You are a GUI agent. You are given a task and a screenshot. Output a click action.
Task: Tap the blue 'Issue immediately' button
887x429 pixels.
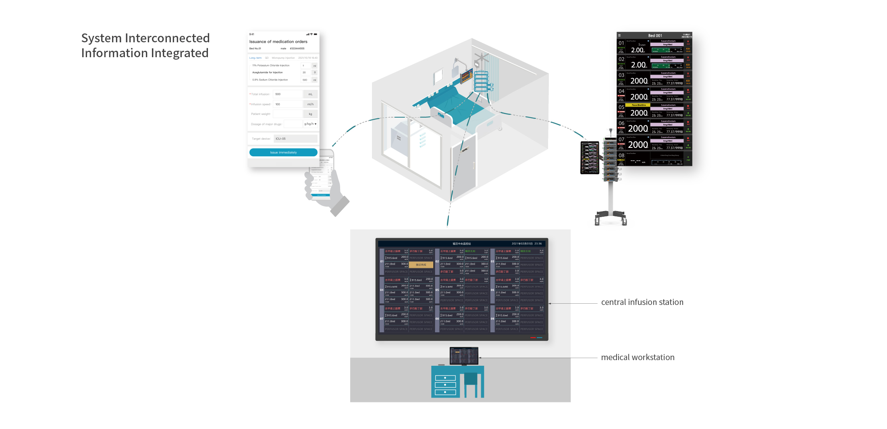pyautogui.click(x=283, y=152)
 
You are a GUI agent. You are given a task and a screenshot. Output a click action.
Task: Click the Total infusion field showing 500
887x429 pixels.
pyautogui.click(x=287, y=94)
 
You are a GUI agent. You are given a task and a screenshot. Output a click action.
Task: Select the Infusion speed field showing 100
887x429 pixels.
pyautogui.click(x=287, y=104)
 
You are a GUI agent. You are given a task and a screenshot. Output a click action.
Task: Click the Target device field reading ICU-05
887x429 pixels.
pyautogui.click(x=295, y=139)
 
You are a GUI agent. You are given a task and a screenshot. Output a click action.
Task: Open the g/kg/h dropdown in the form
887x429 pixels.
pyautogui.click(x=310, y=124)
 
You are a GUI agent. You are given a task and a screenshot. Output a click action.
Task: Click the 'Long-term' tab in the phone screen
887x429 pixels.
pyautogui.click(x=255, y=58)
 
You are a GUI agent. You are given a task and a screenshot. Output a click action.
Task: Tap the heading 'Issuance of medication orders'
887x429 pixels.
pyautogui.click(x=278, y=41)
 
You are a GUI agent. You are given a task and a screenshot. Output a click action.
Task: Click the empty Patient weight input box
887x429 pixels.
pyautogui.click(x=287, y=114)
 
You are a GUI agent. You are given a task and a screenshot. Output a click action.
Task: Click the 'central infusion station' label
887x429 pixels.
pyautogui.click(x=642, y=303)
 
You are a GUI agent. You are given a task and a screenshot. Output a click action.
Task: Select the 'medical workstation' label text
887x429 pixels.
pyautogui.click(x=638, y=358)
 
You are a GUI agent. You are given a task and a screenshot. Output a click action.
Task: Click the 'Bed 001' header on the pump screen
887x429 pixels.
pyautogui.click(x=655, y=35)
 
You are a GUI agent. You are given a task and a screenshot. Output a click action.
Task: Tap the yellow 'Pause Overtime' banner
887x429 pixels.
pyautogui.click(x=639, y=105)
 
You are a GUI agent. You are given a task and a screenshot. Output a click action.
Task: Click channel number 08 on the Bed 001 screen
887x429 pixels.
pyautogui.click(x=621, y=155)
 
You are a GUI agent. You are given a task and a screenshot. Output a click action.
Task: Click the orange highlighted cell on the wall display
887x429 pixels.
pyautogui.click(x=421, y=265)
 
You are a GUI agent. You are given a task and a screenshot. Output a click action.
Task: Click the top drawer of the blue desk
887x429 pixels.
pyautogui.click(x=445, y=378)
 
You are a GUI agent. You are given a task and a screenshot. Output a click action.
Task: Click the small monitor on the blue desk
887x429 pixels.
pyautogui.click(x=464, y=356)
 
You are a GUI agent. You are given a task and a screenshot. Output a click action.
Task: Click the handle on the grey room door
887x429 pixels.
pyautogui.click(x=474, y=165)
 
